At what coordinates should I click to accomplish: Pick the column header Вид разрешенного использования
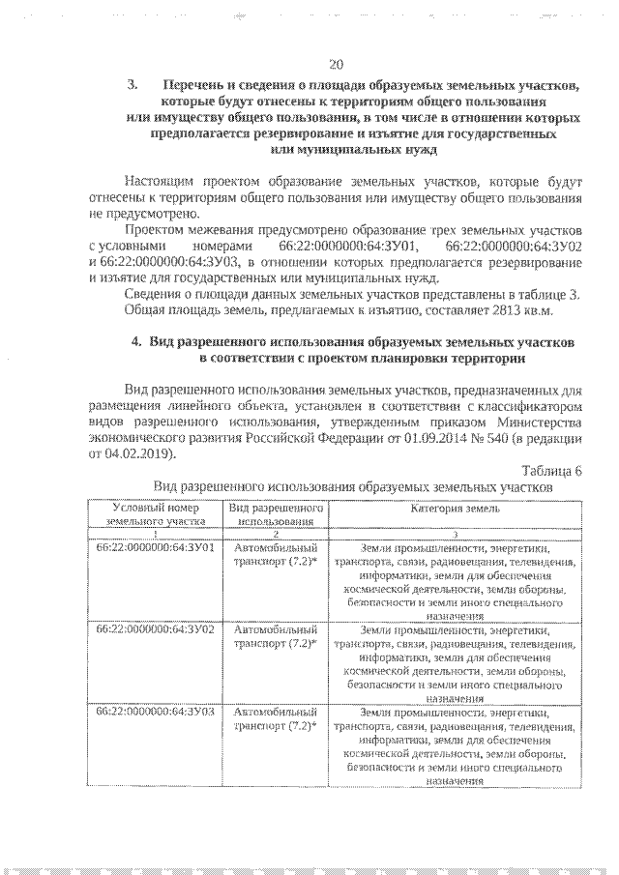pyautogui.click(x=275, y=513)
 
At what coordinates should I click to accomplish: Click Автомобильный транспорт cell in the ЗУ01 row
pyautogui.click(x=275, y=553)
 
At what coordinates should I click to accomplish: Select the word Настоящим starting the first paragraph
pyautogui.click(x=160, y=181)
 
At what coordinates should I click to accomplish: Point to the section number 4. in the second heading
pyautogui.click(x=135, y=342)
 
